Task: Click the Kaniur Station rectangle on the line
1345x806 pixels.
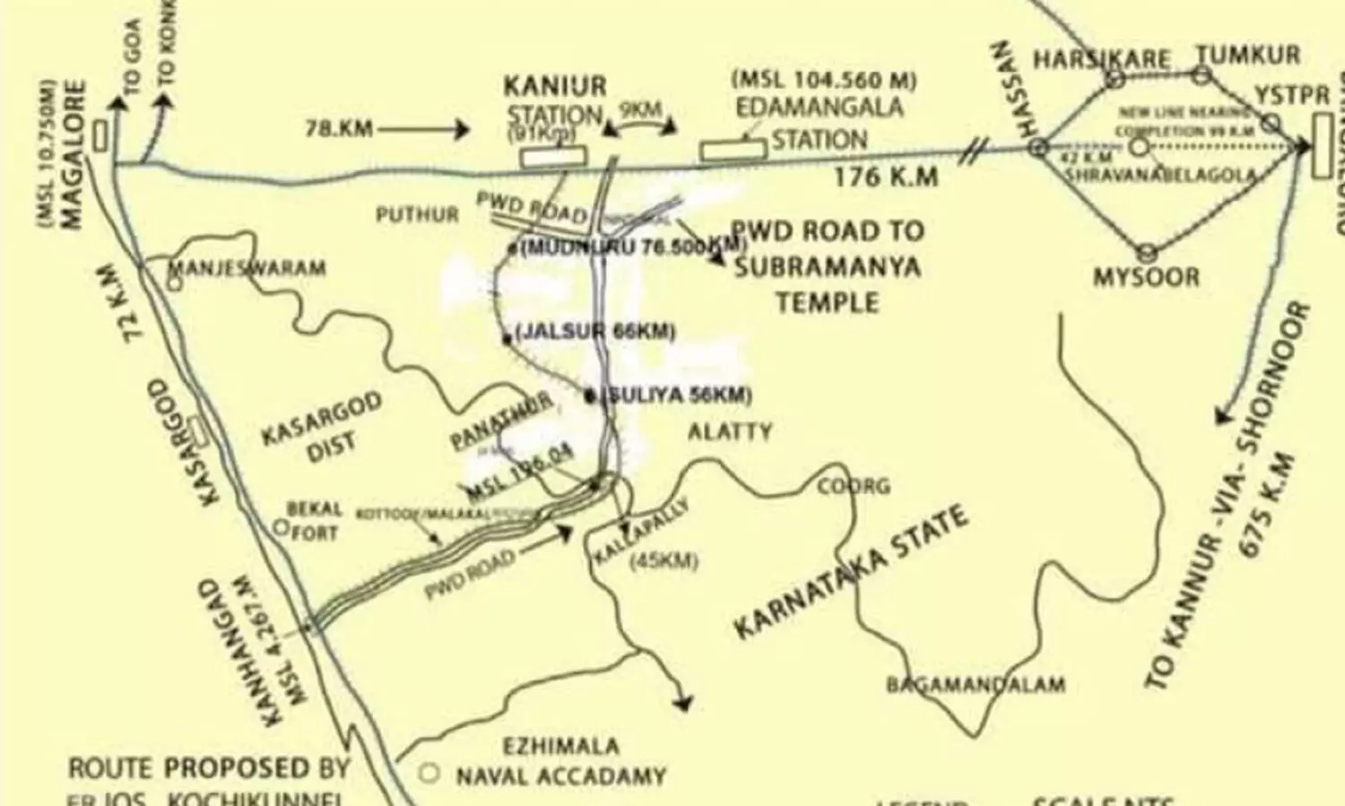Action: tap(554, 156)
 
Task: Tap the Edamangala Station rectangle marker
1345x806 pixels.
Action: tap(733, 150)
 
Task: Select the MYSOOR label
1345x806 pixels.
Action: tap(1146, 277)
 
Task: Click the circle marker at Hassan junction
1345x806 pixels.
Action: tap(1037, 147)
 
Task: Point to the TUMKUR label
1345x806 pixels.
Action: tap(1248, 56)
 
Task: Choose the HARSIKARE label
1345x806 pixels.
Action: tap(1101, 60)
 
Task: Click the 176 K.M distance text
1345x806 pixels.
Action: tap(886, 177)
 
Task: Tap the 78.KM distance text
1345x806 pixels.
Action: tap(339, 129)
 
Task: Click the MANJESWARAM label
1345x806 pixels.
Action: tap(247, 268)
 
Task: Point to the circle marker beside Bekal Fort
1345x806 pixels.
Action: tap(282, 527)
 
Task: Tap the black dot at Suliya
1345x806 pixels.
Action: tap(589, 395)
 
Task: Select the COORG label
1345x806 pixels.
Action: tap(853, 486)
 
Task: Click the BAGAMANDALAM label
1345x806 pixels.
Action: tap(976, 685)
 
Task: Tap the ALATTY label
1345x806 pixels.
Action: tap(729, 432)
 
